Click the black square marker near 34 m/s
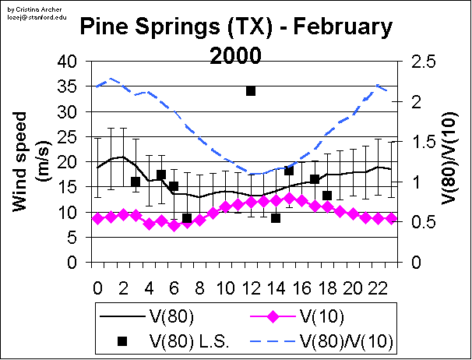click(251, 91)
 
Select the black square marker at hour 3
click(136, 182)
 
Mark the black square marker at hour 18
click(327, 196)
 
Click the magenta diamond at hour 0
click(97, 218)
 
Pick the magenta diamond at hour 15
click(289, 198)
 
